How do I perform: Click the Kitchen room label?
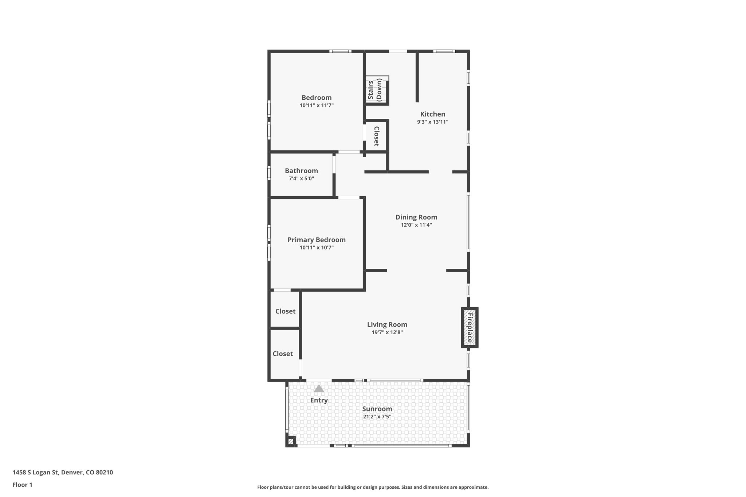coord(432,114)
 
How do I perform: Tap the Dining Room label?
coord(416,217)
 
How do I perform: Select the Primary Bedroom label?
coord(316,240)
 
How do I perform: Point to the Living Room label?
coord(387,324)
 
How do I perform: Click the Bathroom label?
coord(301,171)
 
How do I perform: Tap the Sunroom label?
coord(377,409)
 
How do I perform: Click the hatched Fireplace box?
coord(470,327)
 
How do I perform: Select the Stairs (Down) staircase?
coord(377,90)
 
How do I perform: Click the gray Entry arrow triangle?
coord(319,389)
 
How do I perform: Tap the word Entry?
coord(319,400)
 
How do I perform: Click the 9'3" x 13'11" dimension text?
coord(432,122)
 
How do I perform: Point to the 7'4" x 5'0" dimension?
coord(301,179)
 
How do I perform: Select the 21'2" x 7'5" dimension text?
coord(377,417)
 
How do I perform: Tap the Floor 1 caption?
coord(23,485)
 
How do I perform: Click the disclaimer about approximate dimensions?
coord(373,487)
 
